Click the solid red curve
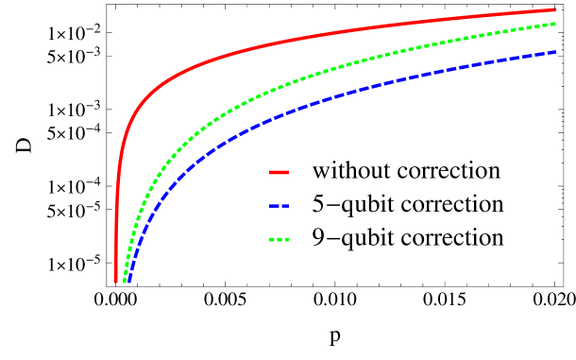point(283,42)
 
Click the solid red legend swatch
point(279,173)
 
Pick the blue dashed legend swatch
point(279,206)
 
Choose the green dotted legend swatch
point(279,240)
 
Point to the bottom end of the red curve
point(116,281)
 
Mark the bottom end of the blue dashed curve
point(128,281)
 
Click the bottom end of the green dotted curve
point(123,281)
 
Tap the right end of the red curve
point(555,10)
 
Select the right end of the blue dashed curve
point(555,53)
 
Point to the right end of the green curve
point(555,24)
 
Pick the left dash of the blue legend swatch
point(273,206)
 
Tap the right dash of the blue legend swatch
point(284,206)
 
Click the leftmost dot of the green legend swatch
point(272,240)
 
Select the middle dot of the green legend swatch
point(279,240)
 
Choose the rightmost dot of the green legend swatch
point(285,240)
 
